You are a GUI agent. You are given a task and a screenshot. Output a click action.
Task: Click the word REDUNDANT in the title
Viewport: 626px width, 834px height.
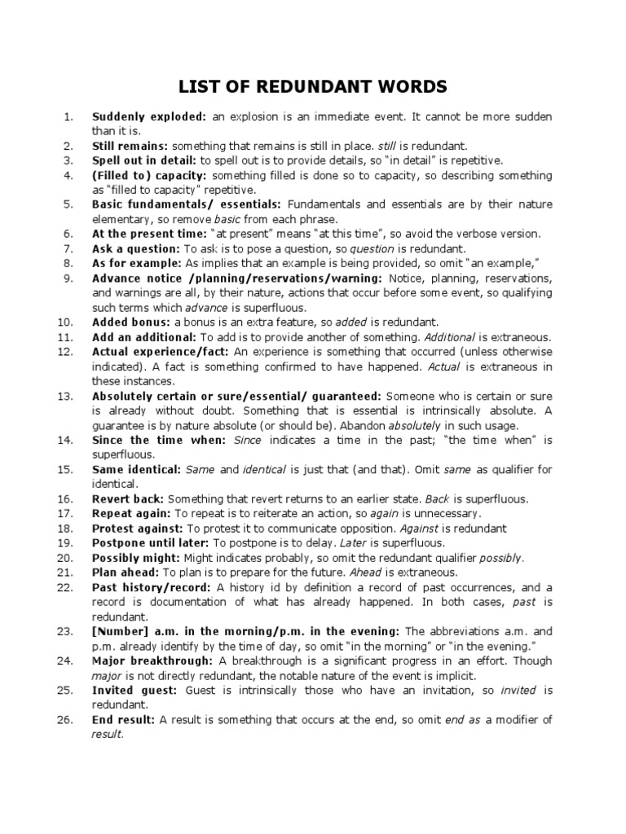[313, 86]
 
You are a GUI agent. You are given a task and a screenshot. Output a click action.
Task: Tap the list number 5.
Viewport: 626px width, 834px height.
[68, 204]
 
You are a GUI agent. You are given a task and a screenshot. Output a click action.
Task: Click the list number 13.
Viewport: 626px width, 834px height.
[66, 395]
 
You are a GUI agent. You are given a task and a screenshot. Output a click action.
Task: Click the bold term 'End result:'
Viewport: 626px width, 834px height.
[124, 719]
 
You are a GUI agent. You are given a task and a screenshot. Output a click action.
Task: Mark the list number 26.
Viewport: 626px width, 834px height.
[66, 719]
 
